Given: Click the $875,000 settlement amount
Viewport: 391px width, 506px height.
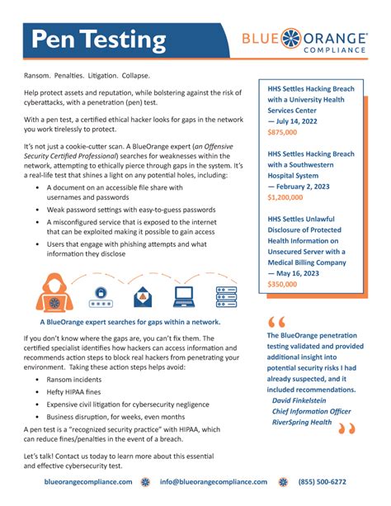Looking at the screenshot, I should [x=284, y=132].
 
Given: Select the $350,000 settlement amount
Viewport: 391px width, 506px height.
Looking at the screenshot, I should [x=284, y=284].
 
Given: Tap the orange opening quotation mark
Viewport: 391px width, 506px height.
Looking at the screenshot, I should [x=276, y=321].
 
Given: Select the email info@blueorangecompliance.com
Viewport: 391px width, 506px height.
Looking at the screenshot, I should [x=214, y=482].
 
